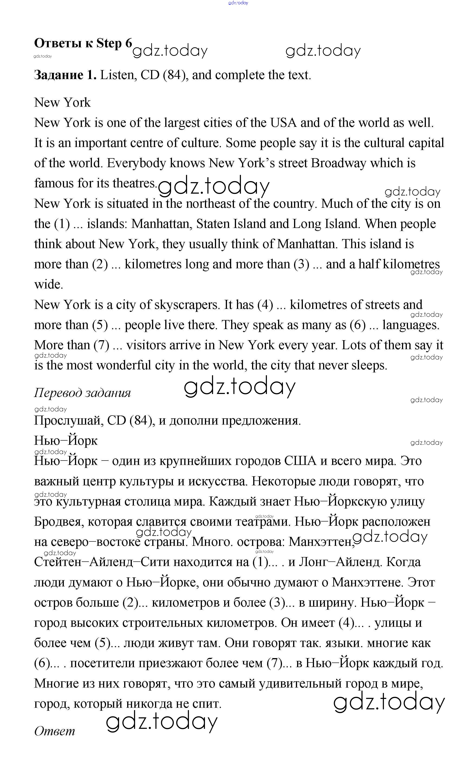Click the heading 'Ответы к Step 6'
coord(83,43)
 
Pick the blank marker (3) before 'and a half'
coord(301,264)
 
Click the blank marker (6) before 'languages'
coord(358,325)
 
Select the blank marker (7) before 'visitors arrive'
coord(101,345)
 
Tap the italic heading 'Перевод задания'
coord(82,393)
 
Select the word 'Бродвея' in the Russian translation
coord(59,522)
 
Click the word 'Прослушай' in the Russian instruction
coord(69,421)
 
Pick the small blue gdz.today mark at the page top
coord(238,3)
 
